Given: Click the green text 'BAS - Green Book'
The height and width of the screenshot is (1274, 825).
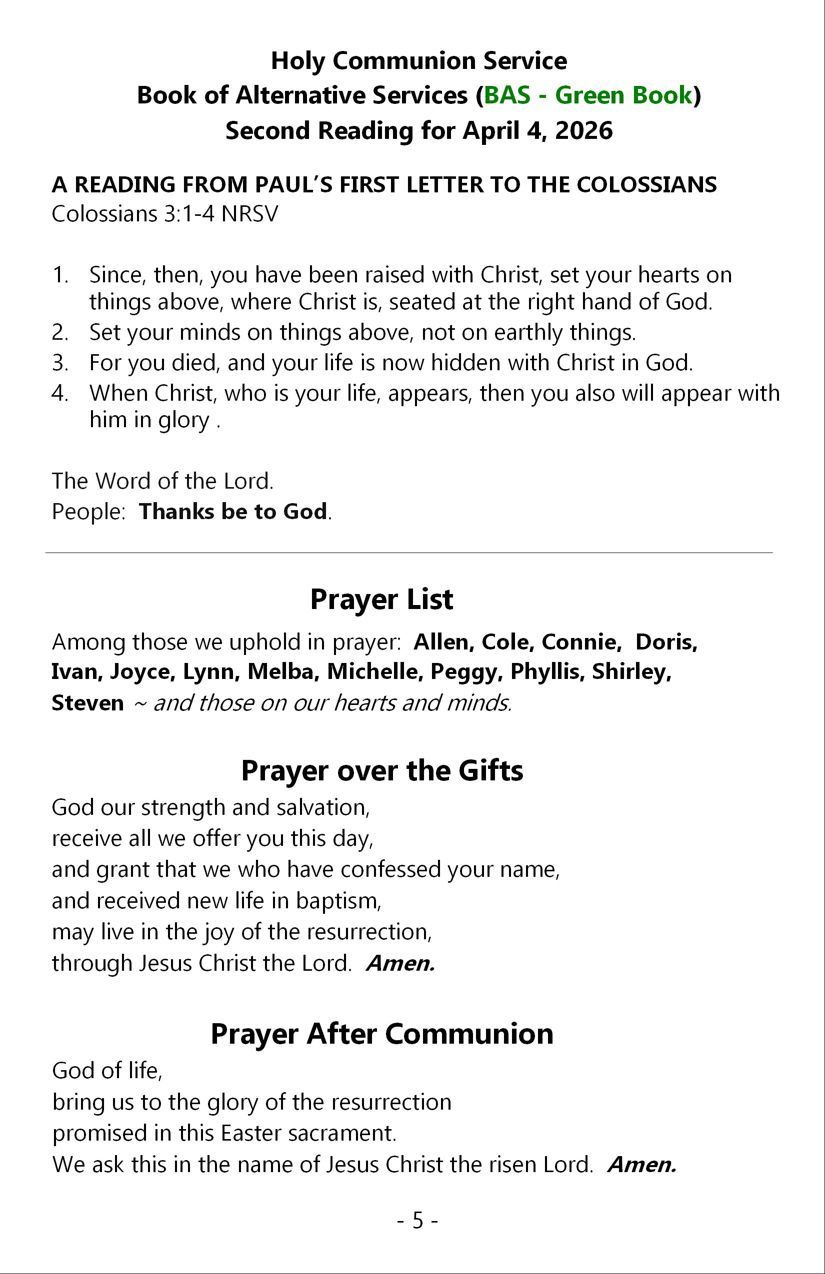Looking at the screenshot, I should point(587,95).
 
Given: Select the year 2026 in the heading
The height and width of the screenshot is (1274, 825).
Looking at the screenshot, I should point(583,130).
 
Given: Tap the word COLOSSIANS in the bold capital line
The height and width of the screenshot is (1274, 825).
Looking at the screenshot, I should point(646,185).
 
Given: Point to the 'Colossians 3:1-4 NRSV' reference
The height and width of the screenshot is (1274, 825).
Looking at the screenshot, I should point(165,214).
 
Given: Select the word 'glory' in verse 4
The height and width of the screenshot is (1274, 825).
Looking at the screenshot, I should point(183,420).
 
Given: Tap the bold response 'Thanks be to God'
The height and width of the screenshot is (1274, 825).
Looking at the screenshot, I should point(233,512).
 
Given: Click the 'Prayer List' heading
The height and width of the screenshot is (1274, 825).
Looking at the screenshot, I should point(381,599).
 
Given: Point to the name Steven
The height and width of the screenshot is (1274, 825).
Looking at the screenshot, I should point(87,703).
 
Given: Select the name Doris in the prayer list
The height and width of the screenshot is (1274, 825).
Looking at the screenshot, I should point(666,641).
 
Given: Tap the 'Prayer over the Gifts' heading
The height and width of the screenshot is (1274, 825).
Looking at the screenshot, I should point(382,771).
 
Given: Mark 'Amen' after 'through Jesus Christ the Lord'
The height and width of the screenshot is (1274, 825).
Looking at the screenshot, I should point(400,964).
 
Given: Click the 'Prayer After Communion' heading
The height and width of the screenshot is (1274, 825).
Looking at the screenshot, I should point(382,1034).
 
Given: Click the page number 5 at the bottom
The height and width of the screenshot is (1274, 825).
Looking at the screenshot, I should point(418,1220).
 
